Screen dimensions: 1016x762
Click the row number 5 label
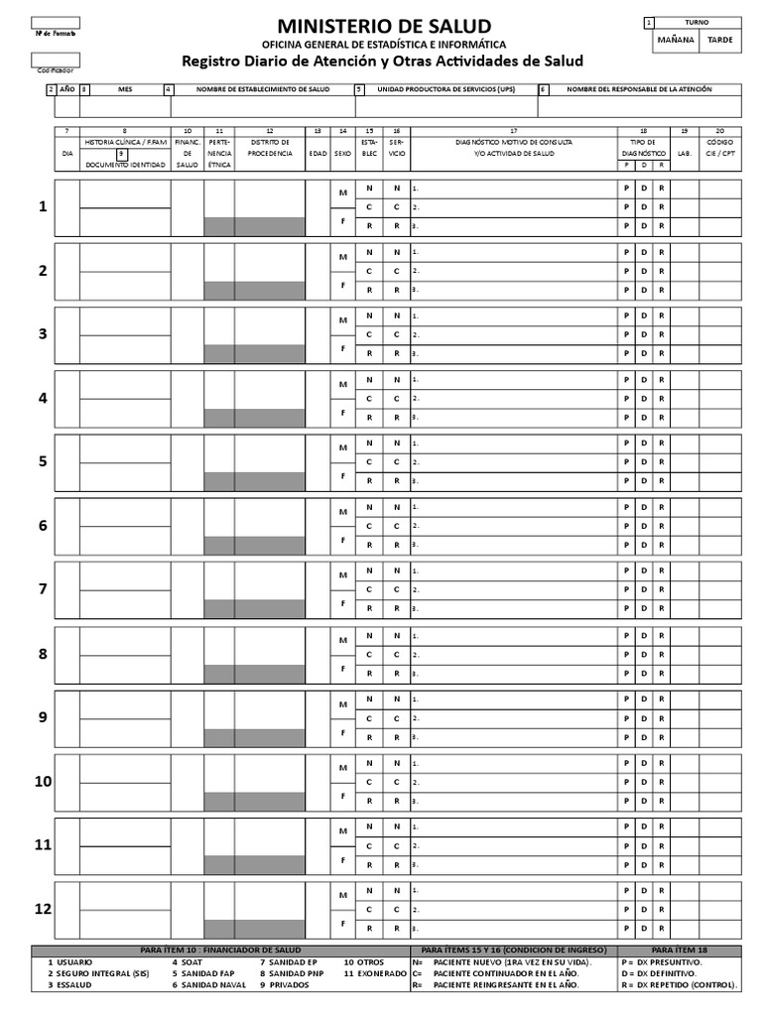[43, 461]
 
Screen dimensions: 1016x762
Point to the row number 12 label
[43, 909]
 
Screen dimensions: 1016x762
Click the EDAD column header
[317, 154]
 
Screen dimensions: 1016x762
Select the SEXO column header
[342, 154]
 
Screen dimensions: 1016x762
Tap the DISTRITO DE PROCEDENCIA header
[269, 148]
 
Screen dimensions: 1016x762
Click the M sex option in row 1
[342, 192]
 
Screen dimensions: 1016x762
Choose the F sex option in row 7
[342, 603]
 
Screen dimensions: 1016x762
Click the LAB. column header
[684, 154]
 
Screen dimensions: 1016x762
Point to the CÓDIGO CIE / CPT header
[720, 148]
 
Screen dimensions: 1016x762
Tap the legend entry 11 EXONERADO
[375, 973]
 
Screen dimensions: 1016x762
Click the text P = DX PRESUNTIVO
[663, 962]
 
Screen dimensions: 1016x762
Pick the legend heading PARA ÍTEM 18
[681, 951]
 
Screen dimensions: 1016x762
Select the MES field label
[125, 89]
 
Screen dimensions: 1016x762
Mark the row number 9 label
[43, 717]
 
